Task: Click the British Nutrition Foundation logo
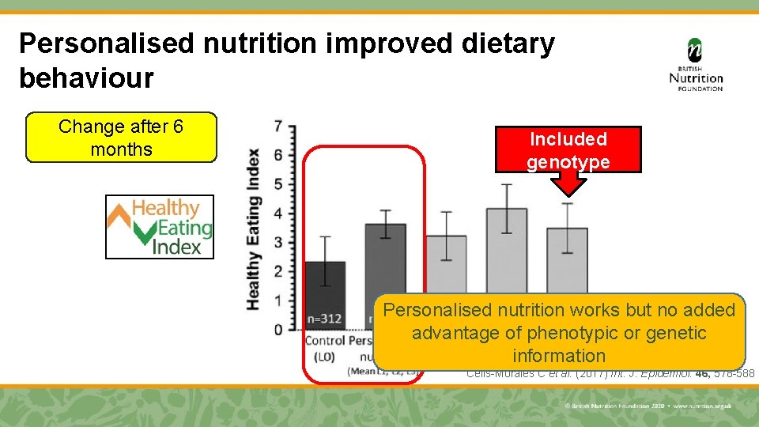pos(695,65)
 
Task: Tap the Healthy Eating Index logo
pos(160,227)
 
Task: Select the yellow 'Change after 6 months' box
pos(121,138)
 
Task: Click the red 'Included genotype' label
pos(568,150)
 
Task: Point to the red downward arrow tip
pos(568,192)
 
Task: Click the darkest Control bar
pos(325,293)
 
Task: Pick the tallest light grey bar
pos(507,249)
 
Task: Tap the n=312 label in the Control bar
pos(325,319)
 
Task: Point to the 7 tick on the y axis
pos(278,126)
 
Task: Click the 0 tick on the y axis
pos(278,329)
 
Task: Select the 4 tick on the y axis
pos(278,213)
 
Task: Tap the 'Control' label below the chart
pos(325,341)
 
